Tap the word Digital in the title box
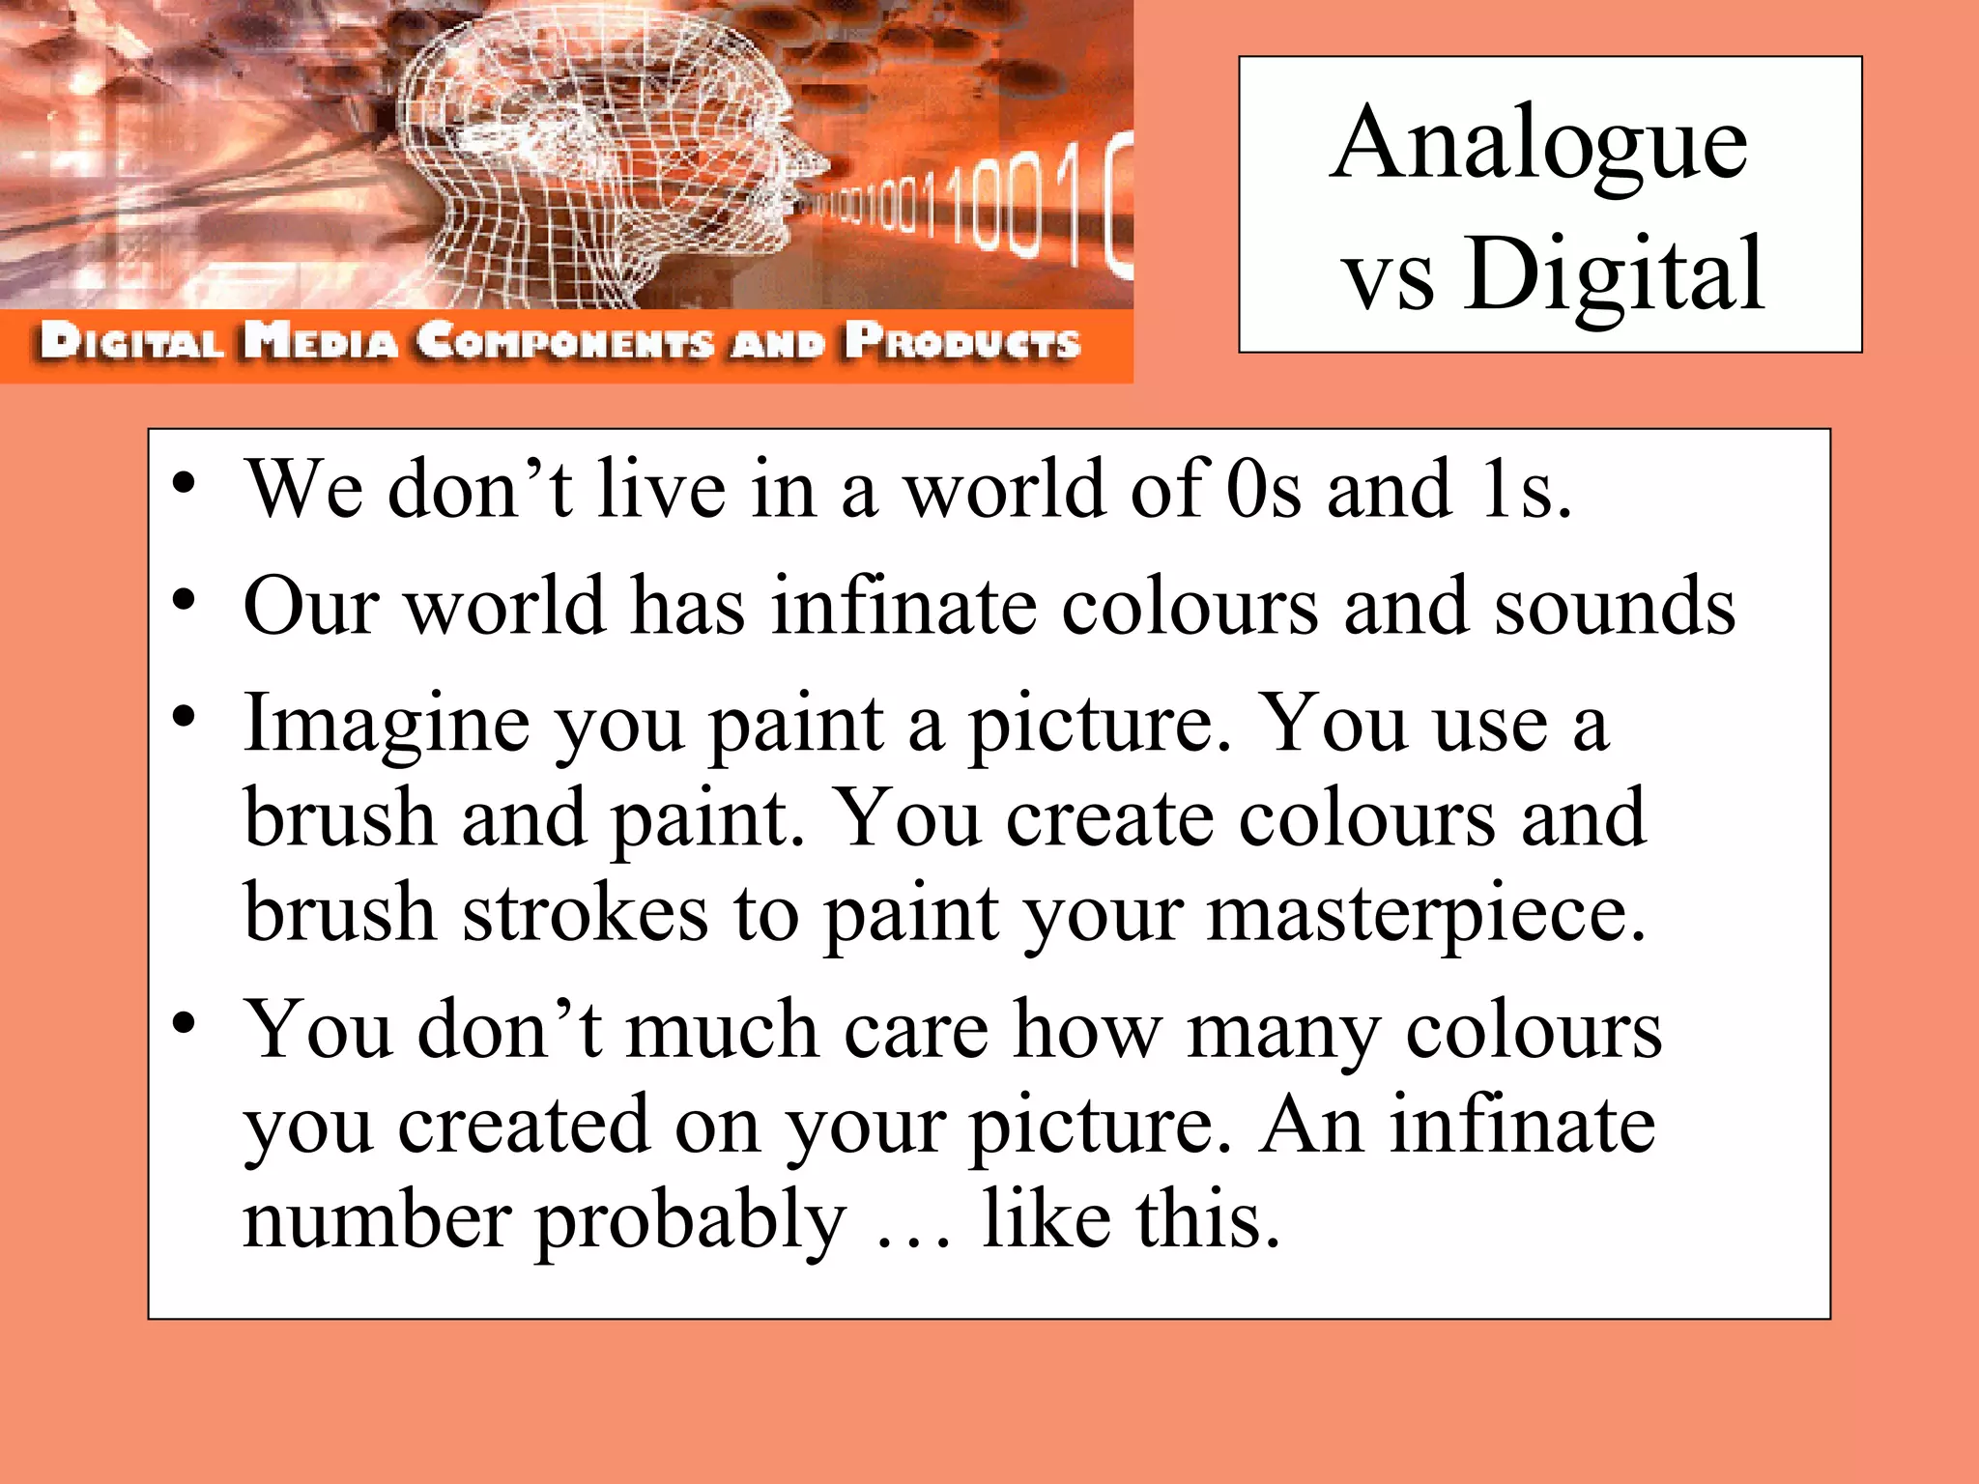click(1614, 276)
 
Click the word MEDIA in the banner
click(321, 342)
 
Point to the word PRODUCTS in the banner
click(962, 342)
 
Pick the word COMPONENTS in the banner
click(566, 342)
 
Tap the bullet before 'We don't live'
click(186, 483)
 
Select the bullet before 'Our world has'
click(186, 600)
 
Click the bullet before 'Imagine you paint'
click(186, 717)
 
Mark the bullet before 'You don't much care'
click(186, 1023)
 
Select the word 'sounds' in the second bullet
click(1615, 607)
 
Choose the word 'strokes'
click(585, 913)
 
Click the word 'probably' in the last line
click(690, 1223)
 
